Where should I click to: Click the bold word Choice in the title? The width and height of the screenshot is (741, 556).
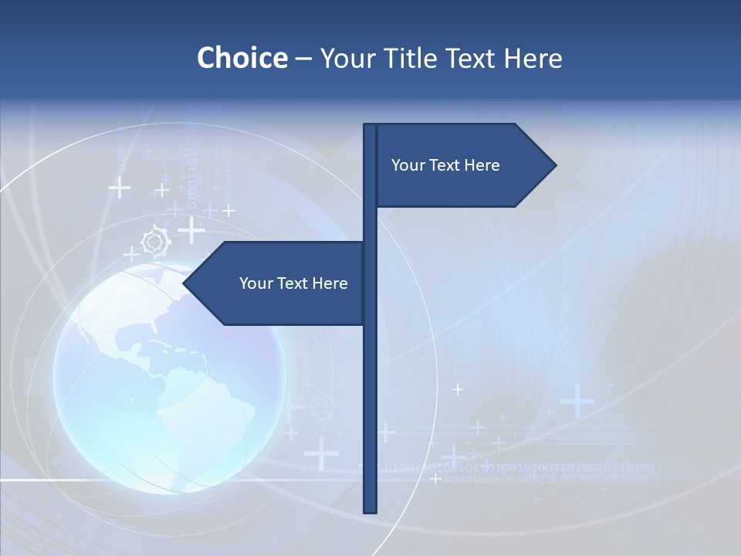(242, 58)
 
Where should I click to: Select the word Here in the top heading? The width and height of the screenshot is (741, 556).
(533, 58)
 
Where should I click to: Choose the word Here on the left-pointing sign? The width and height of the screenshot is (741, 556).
(330, 283)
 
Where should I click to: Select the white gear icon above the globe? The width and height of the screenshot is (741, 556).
(156, 242)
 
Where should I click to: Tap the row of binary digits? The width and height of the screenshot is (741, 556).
(540, 468)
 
